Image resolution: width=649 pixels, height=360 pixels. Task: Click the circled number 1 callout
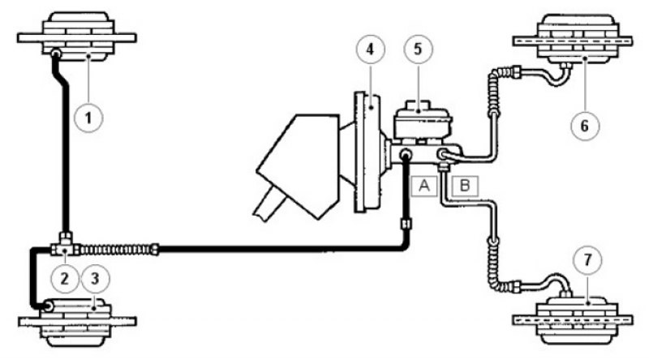(88, 118)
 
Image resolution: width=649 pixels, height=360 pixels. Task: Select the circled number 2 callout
(65, 278)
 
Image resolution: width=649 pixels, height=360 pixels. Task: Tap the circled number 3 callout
(95, 278)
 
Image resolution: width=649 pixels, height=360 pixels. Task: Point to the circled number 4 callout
(371, 49)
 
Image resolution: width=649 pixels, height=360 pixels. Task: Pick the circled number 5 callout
(418, 49)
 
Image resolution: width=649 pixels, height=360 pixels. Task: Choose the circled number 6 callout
(585, 126)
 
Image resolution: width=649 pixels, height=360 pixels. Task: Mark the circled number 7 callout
(587, 260)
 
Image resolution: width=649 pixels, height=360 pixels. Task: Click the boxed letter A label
(424, 186)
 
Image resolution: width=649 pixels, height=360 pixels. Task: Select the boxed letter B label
(465, 186)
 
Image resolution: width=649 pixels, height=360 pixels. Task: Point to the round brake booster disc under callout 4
(367, 152)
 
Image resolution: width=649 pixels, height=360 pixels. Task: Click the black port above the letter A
(405, 155)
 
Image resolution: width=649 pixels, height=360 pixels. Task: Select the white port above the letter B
(442, 155)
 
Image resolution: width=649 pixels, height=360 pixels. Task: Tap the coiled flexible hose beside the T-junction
(117, 250)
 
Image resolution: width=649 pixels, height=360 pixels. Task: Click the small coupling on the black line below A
(406, 224)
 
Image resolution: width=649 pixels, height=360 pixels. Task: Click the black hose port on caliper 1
(55, 54)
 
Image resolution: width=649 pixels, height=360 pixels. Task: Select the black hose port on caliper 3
(48, 306)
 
